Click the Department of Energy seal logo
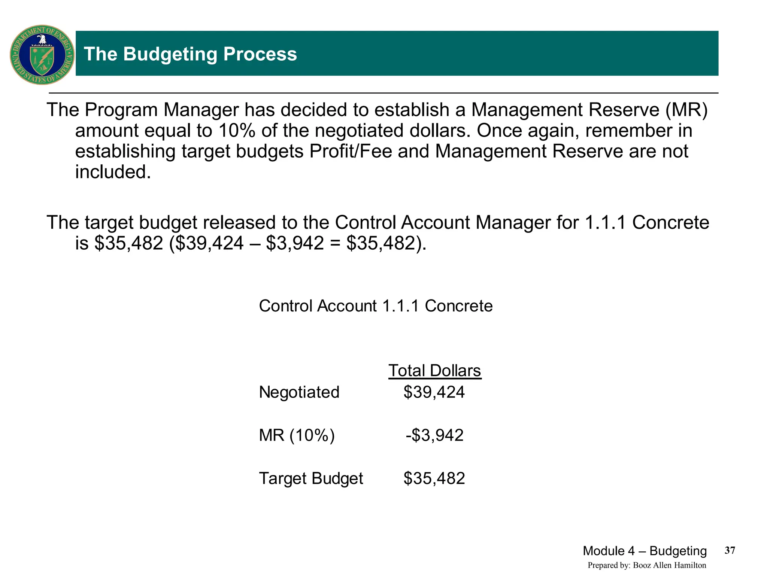pos(42,55)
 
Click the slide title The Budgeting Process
pos(190,54)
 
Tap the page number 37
pos(730,550)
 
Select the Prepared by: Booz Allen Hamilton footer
pos(647,565)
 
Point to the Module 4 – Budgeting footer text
pos(645,551)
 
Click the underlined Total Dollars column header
pos(434,371)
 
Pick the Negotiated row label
pos(299,392)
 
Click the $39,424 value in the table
pos(434,392)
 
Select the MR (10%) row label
pos(297,435)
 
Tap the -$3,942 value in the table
pos(434,435)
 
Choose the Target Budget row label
pos(311,478)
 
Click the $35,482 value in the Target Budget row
pos(434,478)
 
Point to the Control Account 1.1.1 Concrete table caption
pos(376,306)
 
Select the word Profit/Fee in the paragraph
pos(351,152)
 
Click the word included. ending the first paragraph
pos(113,172)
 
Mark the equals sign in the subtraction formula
pos(335,243)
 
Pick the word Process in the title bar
pos(260,54)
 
